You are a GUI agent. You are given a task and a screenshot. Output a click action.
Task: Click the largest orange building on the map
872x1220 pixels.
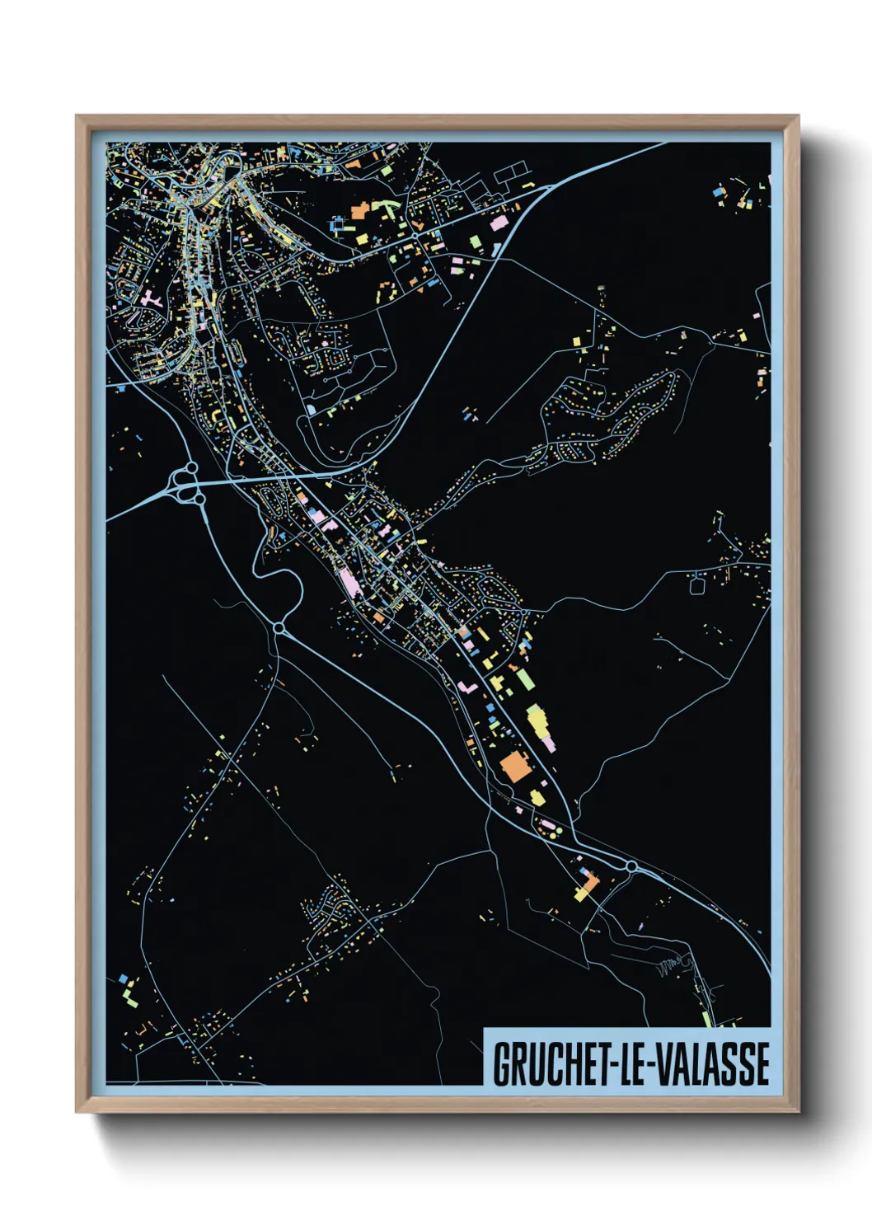point(514,767)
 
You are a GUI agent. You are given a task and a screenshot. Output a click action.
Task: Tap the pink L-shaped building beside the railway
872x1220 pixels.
point(467,687)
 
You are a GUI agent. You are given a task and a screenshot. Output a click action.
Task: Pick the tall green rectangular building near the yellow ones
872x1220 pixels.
point(524,681)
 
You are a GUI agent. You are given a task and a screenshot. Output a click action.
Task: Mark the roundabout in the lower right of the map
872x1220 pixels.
point(631,866)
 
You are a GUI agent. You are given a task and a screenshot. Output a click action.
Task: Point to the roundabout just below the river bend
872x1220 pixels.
point(279,629)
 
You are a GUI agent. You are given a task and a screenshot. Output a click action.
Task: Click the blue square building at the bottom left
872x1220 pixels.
point(124,979)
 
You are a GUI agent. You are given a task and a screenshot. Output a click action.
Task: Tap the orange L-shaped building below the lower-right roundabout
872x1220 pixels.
point(587,888)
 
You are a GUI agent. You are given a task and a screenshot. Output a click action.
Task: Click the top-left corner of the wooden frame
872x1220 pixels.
point(77,116)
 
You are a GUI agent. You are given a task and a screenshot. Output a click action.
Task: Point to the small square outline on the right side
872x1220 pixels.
point(697,585)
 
